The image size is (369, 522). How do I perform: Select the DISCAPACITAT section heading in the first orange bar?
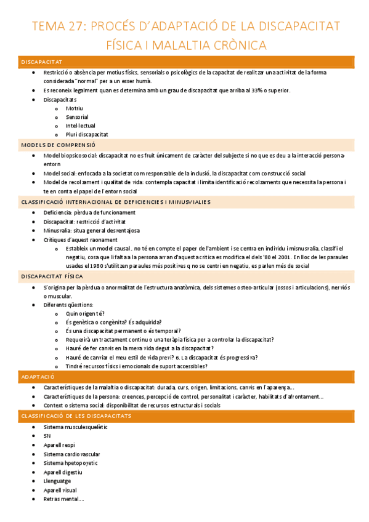pos(41,62)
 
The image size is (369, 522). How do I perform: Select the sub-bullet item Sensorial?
pos(77,116)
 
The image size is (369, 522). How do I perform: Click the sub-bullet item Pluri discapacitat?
pos(87,134)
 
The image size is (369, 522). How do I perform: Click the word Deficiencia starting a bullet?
pos(58,212)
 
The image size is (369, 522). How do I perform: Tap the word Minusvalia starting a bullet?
pos(57,230)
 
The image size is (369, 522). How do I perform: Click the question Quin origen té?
pos(85,313)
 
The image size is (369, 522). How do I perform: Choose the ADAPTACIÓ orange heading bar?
pos(38,376)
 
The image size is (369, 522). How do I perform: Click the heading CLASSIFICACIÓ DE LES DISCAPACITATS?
pos(76,416)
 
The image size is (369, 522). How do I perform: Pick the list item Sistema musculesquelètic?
pos(75,427)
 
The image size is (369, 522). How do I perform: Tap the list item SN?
pos(47,436)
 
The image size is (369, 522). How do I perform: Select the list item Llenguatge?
pos(57,481)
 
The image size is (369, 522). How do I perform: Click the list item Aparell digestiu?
pos(63,472)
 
